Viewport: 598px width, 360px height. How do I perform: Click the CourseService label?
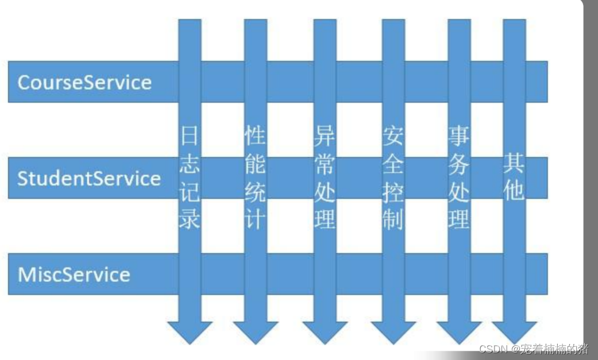[84, 82]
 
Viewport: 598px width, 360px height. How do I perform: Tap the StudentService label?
[89, 178]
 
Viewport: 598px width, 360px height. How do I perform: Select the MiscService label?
[74, 274]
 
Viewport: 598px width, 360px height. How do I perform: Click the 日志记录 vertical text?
[190, 178]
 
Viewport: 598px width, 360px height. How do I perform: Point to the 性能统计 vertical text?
[255, 178]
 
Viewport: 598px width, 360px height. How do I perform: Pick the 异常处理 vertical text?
[325, 178]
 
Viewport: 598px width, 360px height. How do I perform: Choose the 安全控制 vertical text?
[393, 178]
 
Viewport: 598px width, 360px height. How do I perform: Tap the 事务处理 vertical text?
[459, 178]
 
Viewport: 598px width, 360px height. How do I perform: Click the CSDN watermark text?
[533, 349]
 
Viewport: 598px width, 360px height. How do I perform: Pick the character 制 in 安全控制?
[393, 219]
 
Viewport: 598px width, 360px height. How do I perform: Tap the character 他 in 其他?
[514, 191]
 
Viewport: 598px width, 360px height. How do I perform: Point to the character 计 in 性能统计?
[255, 219]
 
